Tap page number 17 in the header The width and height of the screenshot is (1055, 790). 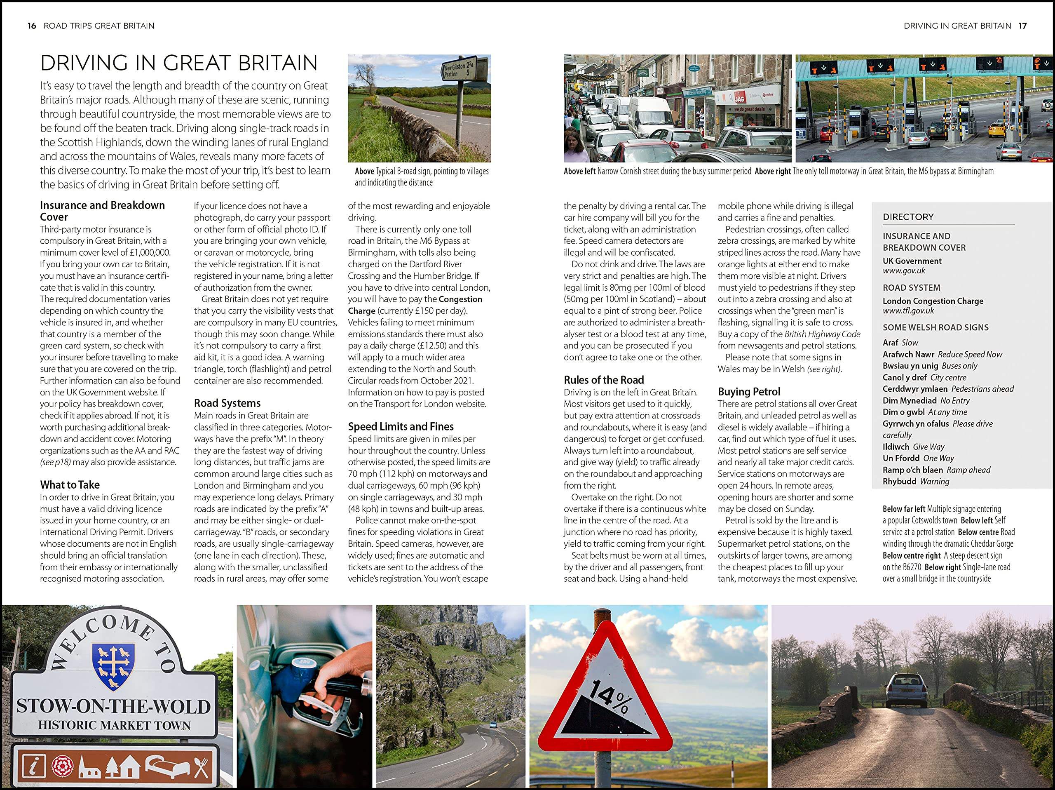point(1022,26)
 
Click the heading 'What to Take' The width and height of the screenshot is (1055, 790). point(70,485)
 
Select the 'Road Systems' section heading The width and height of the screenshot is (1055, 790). point(227,403)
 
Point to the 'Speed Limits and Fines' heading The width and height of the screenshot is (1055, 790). point(401,426)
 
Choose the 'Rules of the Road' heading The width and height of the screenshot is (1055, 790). point(604,380)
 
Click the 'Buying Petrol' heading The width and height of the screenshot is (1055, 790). point(749,392)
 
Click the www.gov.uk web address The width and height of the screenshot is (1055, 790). point(904,270)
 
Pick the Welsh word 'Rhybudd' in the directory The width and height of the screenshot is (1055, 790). point(900,481)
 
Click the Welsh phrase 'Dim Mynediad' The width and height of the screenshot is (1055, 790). point(910,400)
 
